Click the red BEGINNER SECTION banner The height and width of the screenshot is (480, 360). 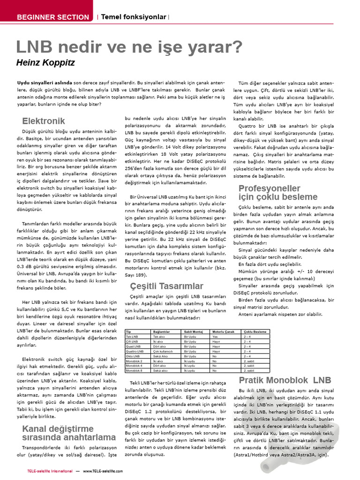[x=52, y=17]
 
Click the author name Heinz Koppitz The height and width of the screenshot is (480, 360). [x=45, y=62]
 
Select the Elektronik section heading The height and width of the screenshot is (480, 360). [x=44, y=121]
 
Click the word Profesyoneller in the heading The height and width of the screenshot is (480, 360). [x=270, y=188]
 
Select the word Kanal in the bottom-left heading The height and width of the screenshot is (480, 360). [x=36, y=429]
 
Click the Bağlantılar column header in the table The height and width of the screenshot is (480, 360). [x=162, y=331]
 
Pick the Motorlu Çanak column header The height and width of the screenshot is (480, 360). [x=223, y=331]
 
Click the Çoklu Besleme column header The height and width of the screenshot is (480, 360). [x=255, y=331]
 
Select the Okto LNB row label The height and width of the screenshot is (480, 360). [x=134, y=356]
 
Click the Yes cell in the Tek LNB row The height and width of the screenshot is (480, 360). [x=215, y=337]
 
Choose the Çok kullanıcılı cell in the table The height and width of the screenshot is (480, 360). [x=163, y=351]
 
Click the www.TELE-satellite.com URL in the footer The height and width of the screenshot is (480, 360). [x=105, y=471]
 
